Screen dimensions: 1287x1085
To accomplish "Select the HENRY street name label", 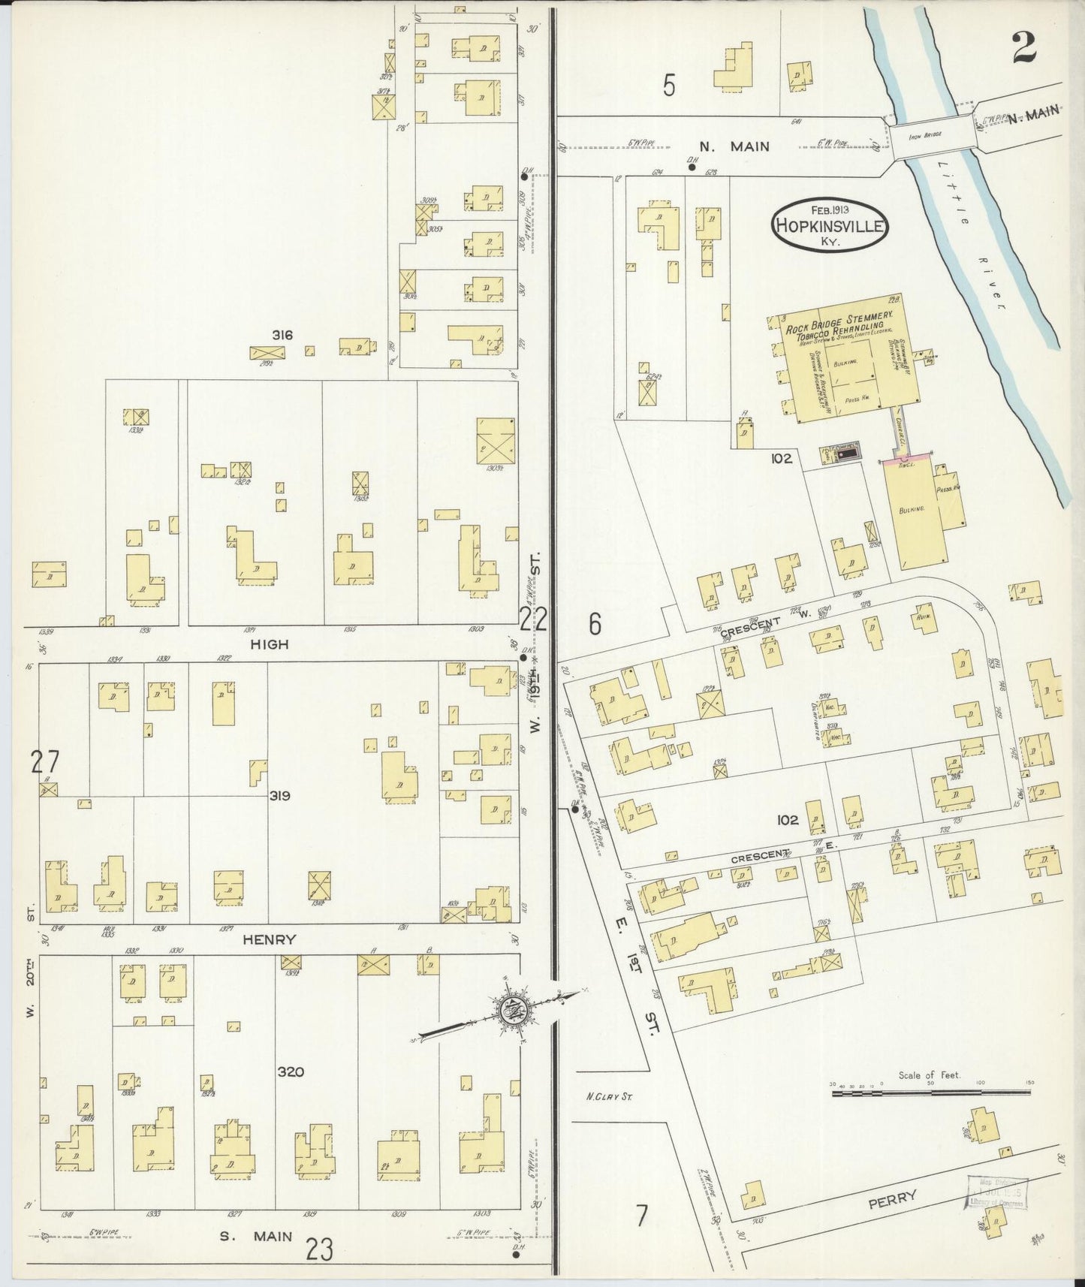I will click(270, 939).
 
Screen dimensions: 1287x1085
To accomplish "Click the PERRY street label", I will click(894, 1198).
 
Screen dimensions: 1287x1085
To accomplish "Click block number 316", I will click(283, 335).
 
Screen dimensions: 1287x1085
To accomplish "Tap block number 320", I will click(291, 1071).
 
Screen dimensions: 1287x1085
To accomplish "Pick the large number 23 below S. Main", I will click(320, 1250).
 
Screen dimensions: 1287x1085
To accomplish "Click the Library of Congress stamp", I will click(997, 1193).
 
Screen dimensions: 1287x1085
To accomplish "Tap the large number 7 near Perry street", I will click(642, 1216).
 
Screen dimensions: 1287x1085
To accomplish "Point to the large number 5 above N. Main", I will click(669, 86).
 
